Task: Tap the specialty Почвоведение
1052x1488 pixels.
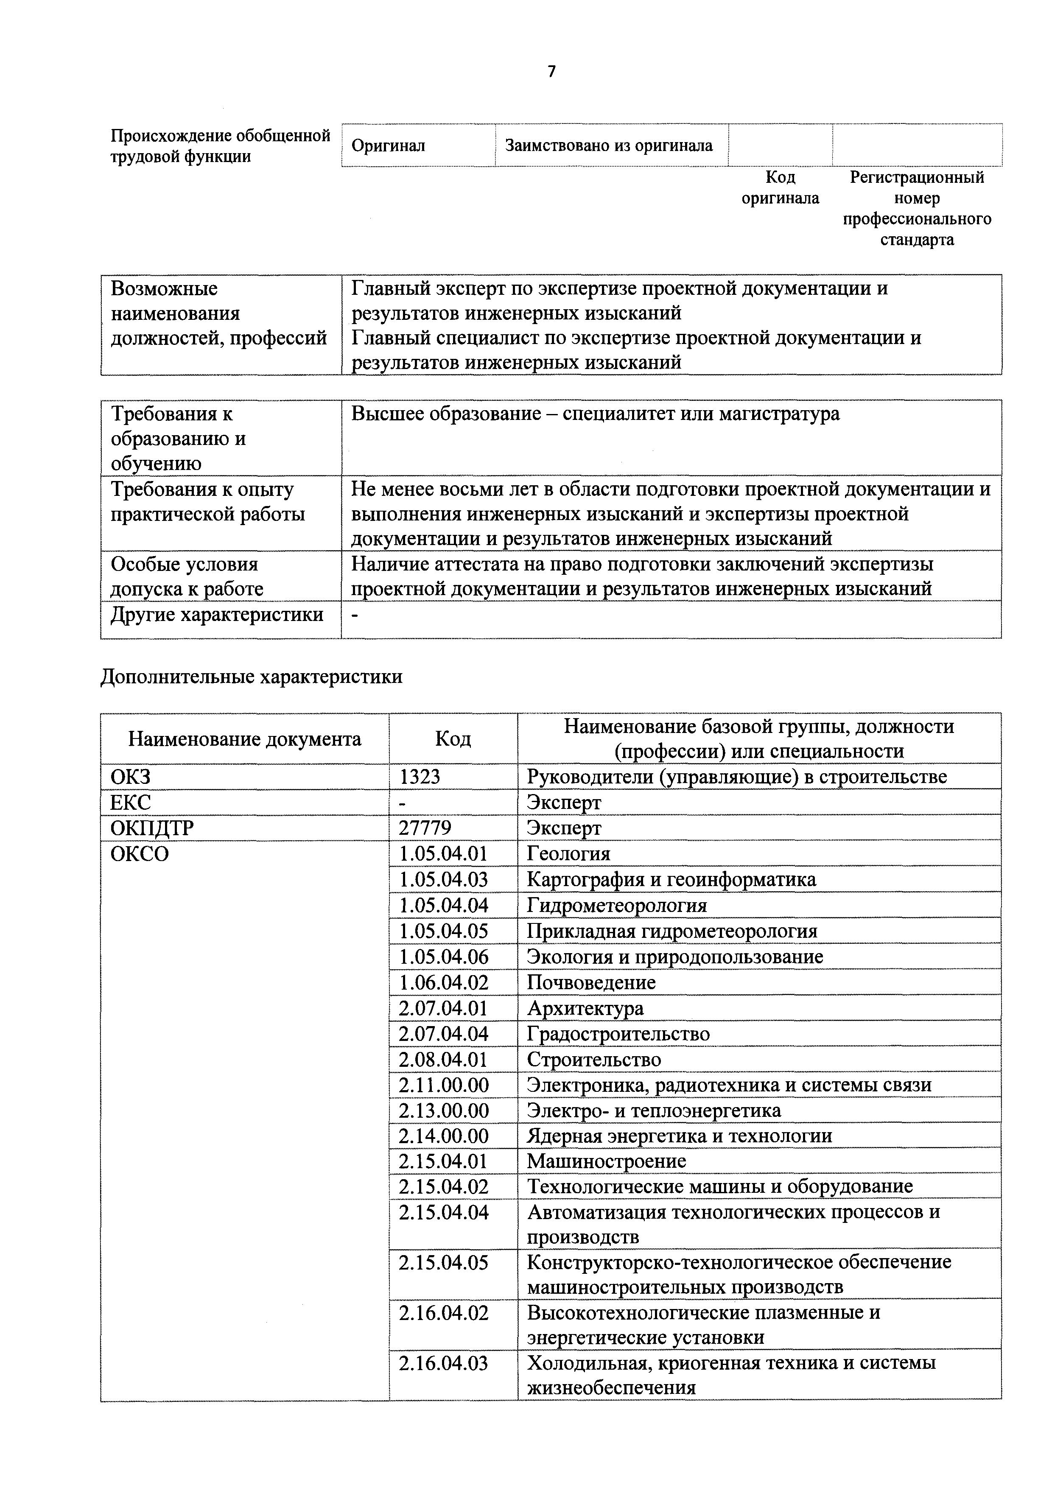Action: pyautogui.click(x=591, y=982)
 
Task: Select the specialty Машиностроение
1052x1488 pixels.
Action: pyautogui.click(x=606, y=1161)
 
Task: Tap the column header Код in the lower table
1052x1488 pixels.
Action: pyautogui.click(x=453, y=739)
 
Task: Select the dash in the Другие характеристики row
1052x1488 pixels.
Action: pyautogui.click(x=355, y=614)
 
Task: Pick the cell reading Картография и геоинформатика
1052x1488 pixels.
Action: pyautogui.click(x=671, y=879)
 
